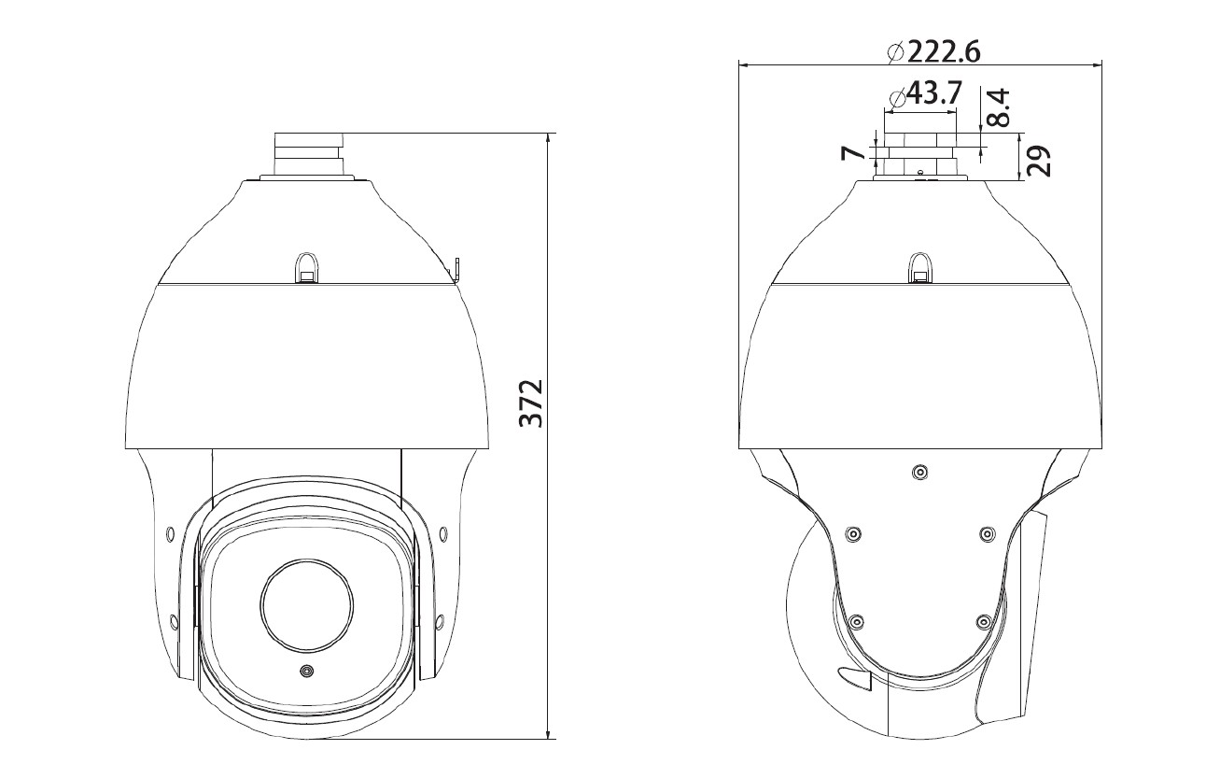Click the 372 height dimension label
coord(531,403)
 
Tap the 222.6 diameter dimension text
coord(944,52)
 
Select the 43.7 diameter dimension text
coord(933,93)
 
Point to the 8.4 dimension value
coord(998,107)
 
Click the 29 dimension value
coord(1039,161)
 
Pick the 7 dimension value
coord(853,152)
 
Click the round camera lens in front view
coord(307,605)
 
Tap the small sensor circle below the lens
coord(307,671)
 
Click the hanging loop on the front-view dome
coord(307,267)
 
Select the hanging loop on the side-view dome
coord(920,267)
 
